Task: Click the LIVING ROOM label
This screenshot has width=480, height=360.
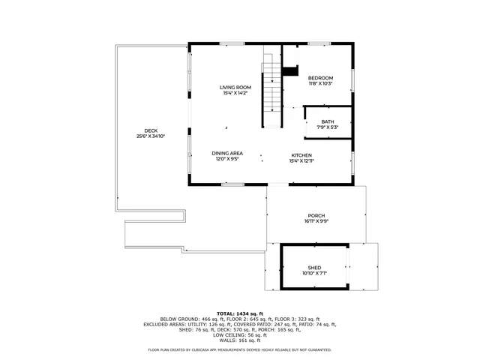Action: click(235, 87)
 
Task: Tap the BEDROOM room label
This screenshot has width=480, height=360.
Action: click(320, 78)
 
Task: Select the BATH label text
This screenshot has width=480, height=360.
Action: click(328, 121)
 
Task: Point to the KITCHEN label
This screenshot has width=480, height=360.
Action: click(301, 155)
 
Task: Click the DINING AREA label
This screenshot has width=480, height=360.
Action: click(226, 153)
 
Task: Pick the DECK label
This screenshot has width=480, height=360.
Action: click(151, 130)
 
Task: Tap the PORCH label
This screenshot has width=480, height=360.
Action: click(316, 215)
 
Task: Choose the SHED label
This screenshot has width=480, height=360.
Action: click(314, 267)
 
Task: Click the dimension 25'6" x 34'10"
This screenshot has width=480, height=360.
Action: click(151, 136)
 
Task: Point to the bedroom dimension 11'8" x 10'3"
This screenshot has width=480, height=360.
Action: click(320, 84)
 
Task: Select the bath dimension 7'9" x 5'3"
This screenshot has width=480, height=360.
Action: click(328, 127)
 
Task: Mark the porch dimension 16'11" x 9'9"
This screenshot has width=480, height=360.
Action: click(316, 221)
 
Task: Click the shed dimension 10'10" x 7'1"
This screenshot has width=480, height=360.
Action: click(314, 273)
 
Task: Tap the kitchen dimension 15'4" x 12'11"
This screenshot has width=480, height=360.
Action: click(301, 161)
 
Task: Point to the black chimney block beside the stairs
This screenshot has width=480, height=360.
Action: click(289, 71)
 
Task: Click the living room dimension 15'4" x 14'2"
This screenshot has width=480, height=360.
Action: click(235, 93)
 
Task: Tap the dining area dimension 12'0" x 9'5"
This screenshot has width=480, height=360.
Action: click(226, 159)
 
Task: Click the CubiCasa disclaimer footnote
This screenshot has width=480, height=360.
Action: click(239, 349)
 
